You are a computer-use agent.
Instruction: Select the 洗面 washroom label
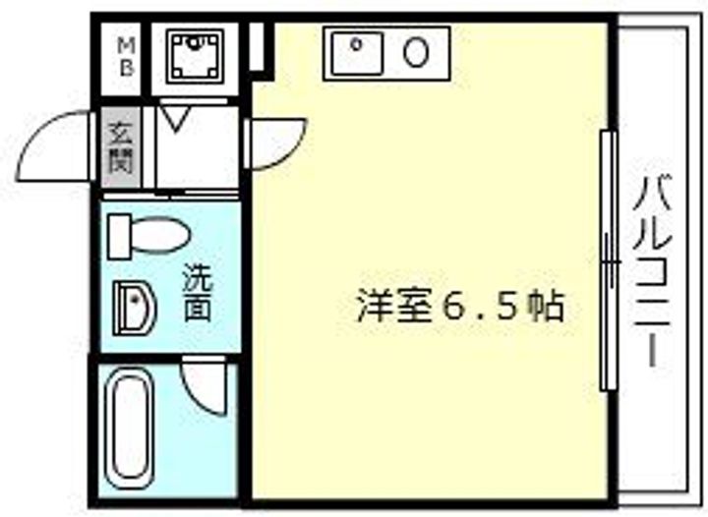tap(198, 292)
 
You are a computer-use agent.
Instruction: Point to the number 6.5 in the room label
tap(482, 307)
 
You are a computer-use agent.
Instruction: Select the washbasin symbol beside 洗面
tap(134, 306)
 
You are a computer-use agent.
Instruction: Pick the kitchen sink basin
tap(357, 51)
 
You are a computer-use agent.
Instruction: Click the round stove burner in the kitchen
tap(417, 51)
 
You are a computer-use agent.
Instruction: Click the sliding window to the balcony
tap(609, 260)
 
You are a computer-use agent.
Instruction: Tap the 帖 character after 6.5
tap(548, 307)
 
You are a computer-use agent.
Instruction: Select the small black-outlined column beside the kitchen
tap(258, 45)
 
